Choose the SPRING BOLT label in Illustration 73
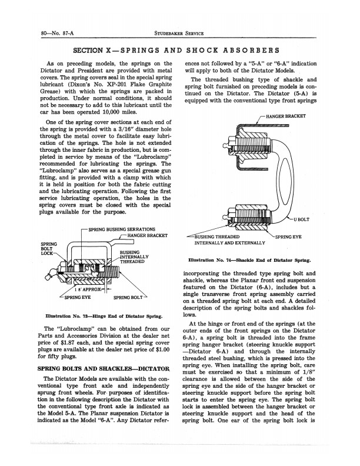point(129,297)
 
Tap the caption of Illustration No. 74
point(250,259)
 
